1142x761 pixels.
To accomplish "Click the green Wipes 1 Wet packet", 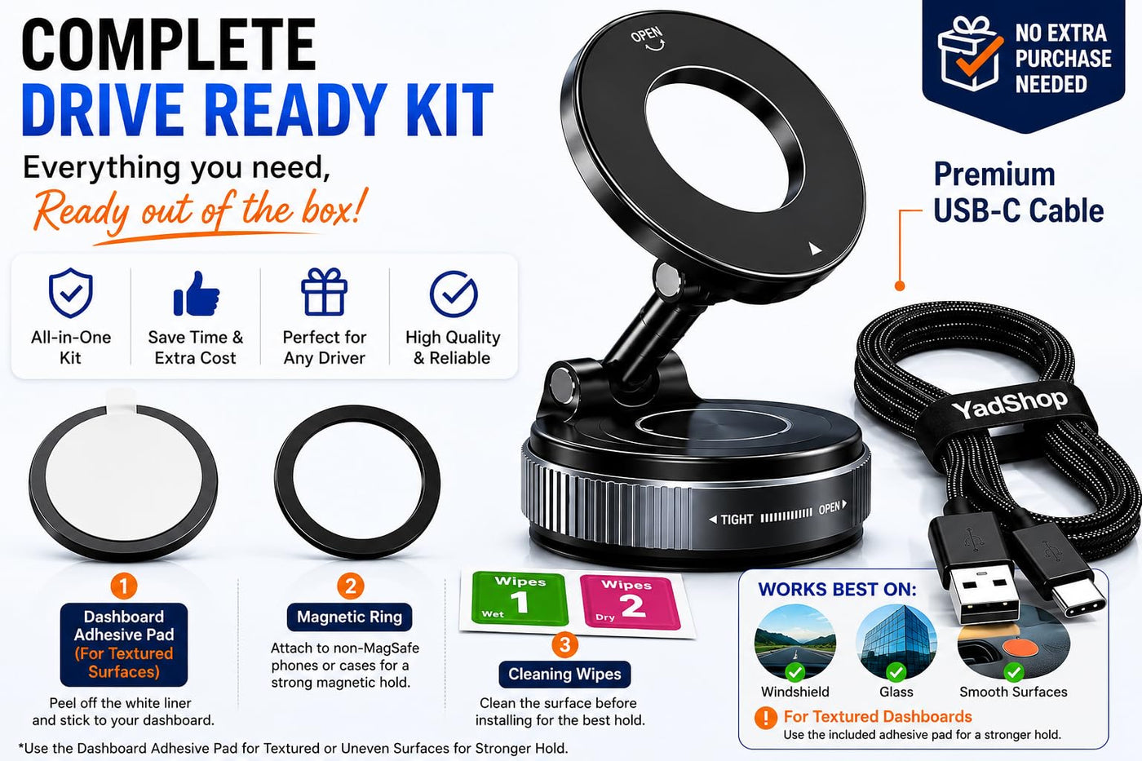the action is (520, 599).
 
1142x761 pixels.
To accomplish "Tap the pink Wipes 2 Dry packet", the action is (630, 603).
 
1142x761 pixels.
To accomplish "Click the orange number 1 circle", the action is (124, 586).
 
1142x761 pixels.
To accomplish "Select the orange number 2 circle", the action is (350, 586).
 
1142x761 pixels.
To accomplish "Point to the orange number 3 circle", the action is (564, 644).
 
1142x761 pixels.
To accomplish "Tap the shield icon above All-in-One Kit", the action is (71, 293).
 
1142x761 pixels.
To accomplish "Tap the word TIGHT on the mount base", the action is (737, 520).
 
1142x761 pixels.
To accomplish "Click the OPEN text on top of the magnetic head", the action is (647, 36).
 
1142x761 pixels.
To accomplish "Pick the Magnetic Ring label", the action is (350, 617).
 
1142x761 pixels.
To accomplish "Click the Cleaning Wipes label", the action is (564, 675).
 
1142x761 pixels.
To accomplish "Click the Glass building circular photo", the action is (896, 641).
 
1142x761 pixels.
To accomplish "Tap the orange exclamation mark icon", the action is (766, 718).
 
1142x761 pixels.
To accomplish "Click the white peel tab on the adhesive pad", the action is (121, 398).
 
